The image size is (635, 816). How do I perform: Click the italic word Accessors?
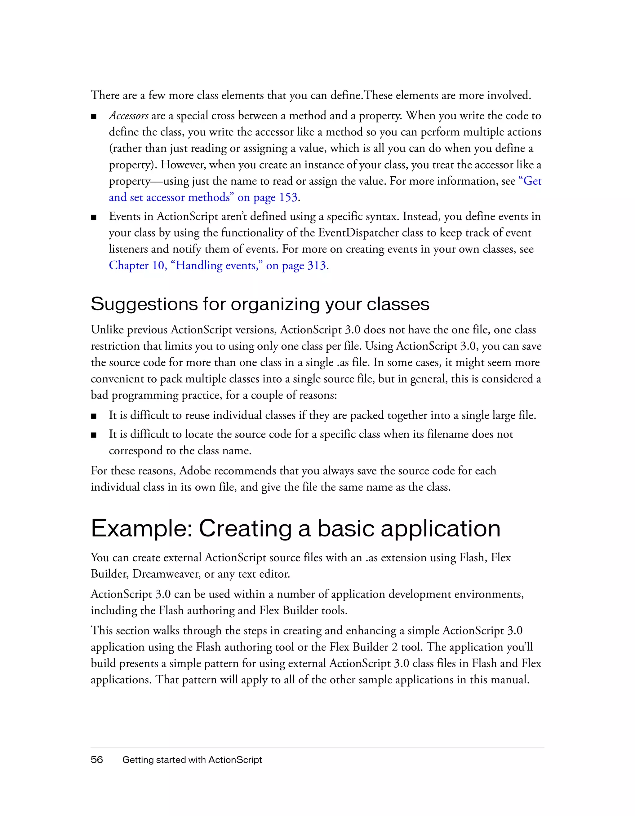[129, 116]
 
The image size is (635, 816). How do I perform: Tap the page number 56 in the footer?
[96, 760]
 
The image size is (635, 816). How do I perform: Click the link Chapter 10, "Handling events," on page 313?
[218, 265]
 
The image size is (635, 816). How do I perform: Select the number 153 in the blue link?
[289, 197]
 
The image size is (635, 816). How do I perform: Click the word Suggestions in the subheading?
[144, 304]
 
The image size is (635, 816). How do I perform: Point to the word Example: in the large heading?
[142, 529]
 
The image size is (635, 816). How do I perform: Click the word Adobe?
[195, 471]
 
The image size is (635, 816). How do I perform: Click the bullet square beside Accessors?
[94, 117]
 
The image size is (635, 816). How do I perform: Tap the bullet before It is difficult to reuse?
[94, 416]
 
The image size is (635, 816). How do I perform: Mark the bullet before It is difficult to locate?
[94, 435]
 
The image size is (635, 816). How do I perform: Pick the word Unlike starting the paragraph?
[108, 330]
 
